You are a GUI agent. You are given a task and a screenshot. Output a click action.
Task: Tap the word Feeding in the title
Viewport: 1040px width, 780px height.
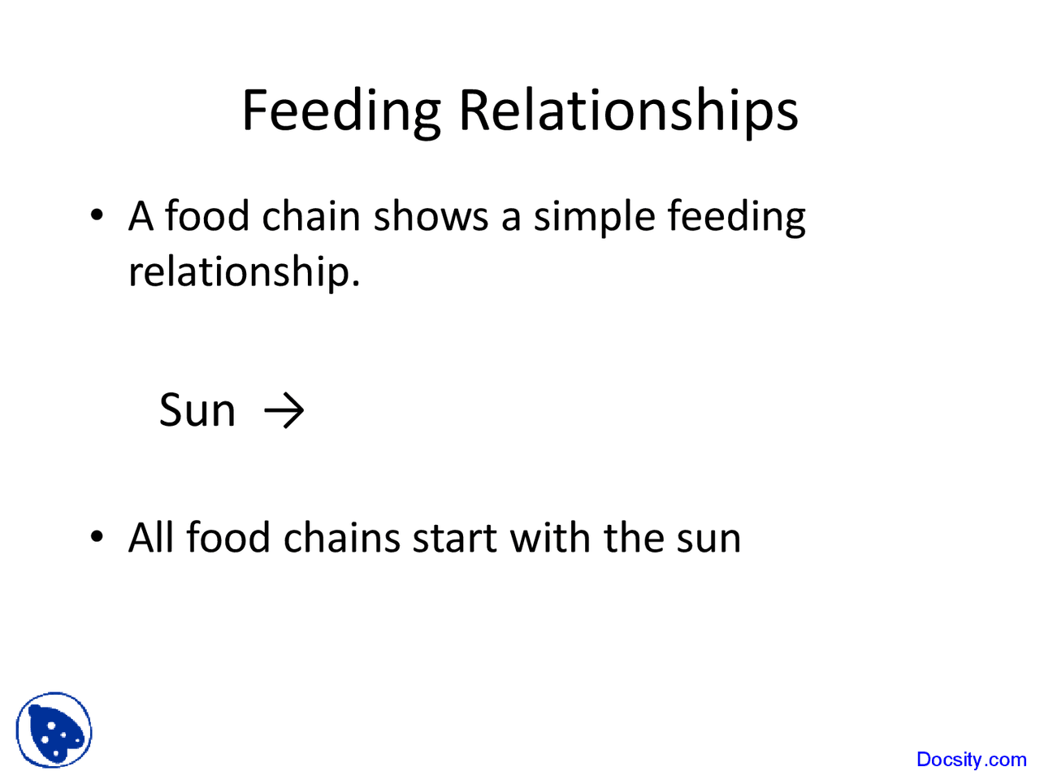tap(341, 111)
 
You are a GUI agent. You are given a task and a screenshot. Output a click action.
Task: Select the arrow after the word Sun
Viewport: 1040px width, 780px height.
tap(284, 410)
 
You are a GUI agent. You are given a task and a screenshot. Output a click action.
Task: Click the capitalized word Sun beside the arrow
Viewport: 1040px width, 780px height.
tap(197, 410)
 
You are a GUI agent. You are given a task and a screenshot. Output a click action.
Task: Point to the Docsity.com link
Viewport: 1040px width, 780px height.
tap(971, 760)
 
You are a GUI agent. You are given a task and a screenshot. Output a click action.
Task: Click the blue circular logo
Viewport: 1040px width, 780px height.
tap(54, 730)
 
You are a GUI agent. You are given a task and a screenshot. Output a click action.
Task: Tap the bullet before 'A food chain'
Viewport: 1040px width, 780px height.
tap(97, 216)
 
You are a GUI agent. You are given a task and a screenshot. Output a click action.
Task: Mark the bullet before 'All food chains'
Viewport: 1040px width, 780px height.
tap(97, 537)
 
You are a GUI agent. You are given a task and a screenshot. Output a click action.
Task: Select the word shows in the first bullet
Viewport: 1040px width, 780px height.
tap(431, 217)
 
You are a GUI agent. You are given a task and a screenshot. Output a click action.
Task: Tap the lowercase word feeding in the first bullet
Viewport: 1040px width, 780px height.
tap(736, 218)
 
